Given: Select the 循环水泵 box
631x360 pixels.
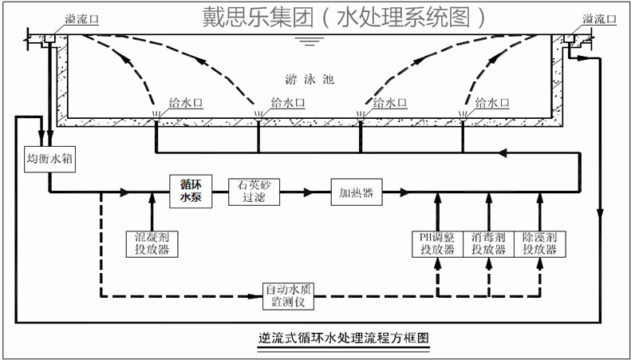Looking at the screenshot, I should click(x=190, y=192).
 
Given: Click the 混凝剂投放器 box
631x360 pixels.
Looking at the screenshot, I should click(x=149, y=243).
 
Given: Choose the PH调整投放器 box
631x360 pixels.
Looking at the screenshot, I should click(x=436, y=243).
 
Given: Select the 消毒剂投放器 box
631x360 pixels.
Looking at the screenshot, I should click(x=487, y=243).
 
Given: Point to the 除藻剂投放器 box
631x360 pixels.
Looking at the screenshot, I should click(x=538, y=243).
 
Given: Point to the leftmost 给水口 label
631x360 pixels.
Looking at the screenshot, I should click(x=185, y=102).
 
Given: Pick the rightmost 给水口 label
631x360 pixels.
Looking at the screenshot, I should click(x=491, y=102).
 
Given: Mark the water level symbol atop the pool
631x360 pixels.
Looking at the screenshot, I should click(x=304, y=40).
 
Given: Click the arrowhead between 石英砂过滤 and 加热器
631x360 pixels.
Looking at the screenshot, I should click(x=306, y=192).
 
